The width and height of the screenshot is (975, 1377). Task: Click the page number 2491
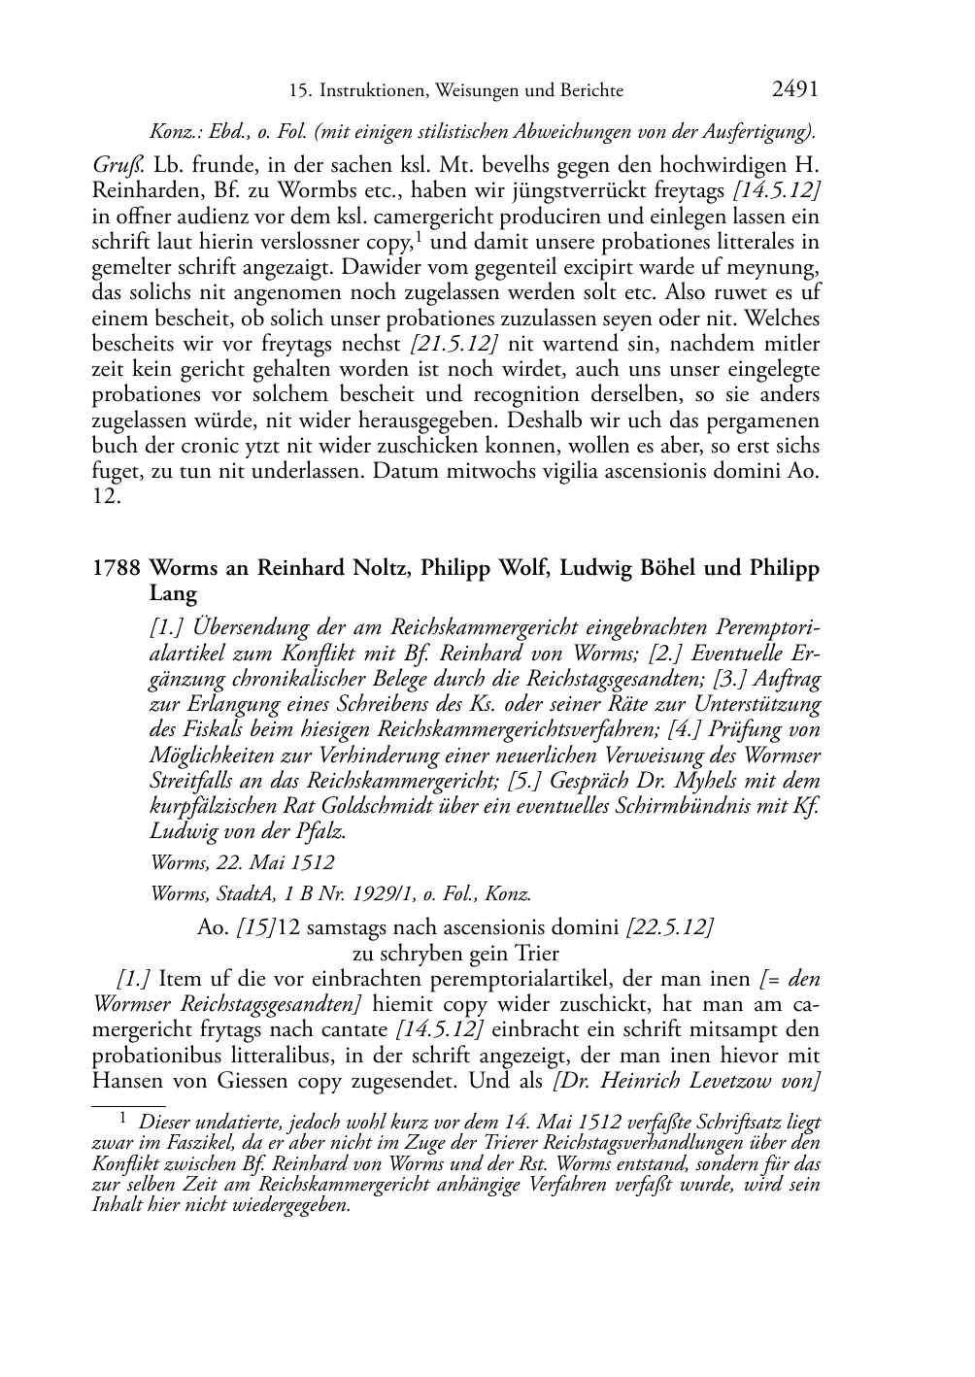tap(795, 90)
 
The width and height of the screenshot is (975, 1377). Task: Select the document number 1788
tap(118, 568)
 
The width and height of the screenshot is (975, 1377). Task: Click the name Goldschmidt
tap(428, 806)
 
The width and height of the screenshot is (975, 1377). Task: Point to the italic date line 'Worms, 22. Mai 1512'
tap(242, 862)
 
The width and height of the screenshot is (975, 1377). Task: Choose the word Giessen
tap(247, 1080)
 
